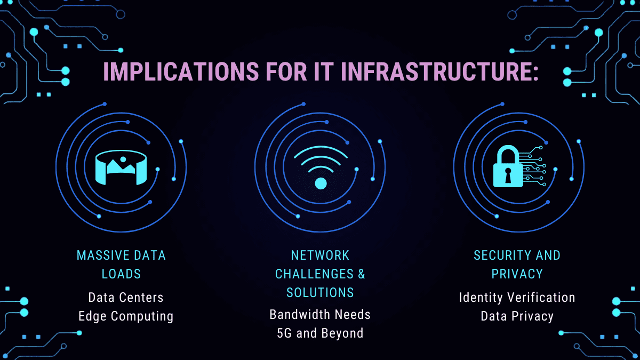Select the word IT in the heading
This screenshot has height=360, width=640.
click(x=324, y=71)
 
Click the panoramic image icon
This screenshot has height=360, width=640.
click(x=121, y=167)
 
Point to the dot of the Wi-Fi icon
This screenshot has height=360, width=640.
click(x=321, y=183)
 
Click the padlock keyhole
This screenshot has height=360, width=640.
click(x=508, y=175)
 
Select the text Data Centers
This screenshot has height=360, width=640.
click(x=126, y=298)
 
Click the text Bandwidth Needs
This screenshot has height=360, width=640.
click(x=320, y=315)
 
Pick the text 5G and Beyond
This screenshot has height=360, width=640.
click(x=320, y=333)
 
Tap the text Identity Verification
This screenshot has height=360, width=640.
click(x=517, y=298)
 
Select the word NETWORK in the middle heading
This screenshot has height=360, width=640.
click(x=320, y=255)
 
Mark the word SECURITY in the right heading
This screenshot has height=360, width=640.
click(x=501, y=255)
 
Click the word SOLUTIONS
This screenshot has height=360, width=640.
click(x=320, y=293)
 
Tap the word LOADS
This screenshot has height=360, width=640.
click(x=121, y=274)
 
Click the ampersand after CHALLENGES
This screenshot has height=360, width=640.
click(x=362, y=274)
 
